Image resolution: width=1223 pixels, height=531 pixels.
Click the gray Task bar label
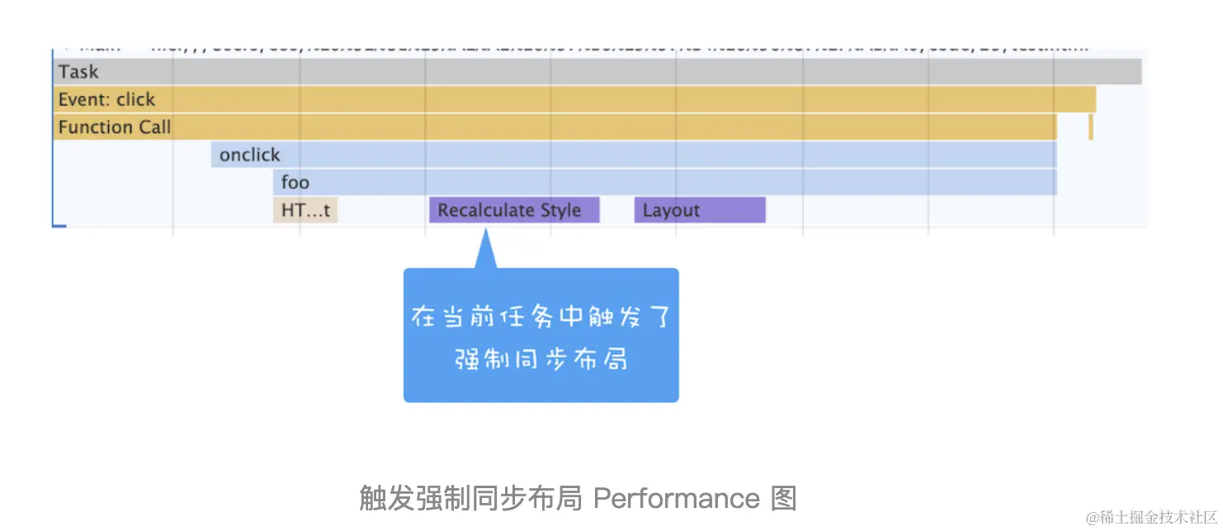(78, 72)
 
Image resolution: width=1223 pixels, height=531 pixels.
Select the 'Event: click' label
(106, 100)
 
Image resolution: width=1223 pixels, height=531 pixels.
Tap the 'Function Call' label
(115, 127)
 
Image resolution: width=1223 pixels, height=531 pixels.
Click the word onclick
(249, 155)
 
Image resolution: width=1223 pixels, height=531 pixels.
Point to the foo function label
(295, 182)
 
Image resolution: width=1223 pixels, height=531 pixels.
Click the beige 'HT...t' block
(305, 210)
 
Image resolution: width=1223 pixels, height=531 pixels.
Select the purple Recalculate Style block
(513, 210)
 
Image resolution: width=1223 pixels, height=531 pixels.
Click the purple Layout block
(700, 210)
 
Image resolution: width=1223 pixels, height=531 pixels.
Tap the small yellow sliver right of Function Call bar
(1090, 127)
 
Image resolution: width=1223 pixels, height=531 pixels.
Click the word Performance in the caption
(676, 498)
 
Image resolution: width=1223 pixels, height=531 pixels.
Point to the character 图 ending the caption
(783, 498)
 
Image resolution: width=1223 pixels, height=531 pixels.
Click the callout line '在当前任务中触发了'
(541, 317)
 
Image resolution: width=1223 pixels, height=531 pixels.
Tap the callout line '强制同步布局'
(541, 359)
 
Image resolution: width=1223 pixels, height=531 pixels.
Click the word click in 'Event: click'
(135, 100)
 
